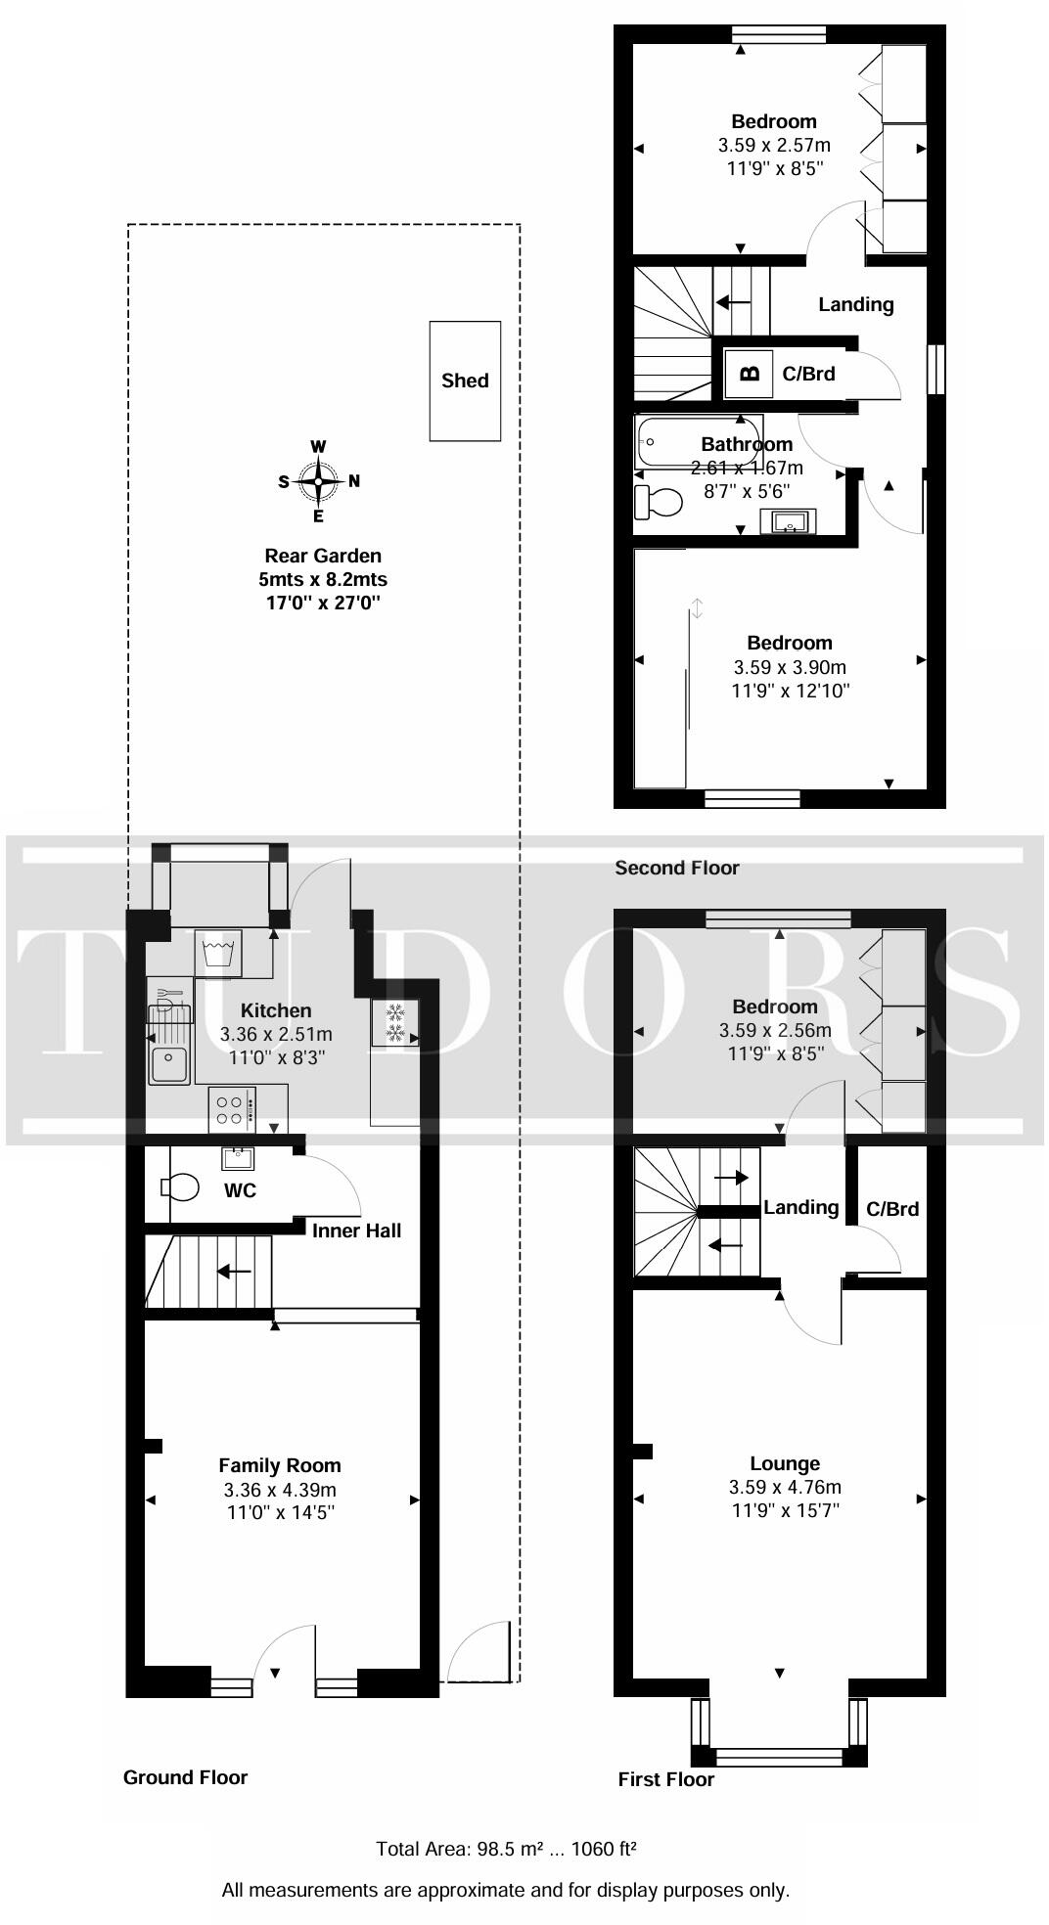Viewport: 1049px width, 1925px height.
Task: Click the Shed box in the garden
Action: pos(465,381)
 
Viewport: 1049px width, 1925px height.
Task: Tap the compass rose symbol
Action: pos(319,480)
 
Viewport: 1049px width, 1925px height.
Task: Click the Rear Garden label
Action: pos(323,557)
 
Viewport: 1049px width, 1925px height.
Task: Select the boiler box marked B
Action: pos(751,373)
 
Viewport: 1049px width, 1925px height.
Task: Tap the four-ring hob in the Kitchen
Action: pos(232,1110)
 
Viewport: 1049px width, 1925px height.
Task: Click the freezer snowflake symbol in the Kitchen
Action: pos(395,1023)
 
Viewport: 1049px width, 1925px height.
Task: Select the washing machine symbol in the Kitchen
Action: pos(221,953)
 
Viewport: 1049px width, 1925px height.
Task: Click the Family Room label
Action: pos(280,1465)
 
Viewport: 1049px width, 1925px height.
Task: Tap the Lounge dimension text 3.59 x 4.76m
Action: pos(785,1487)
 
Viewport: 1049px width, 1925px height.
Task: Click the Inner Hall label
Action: pos(356,1231)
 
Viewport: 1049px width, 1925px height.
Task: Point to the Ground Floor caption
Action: pos(185,1777)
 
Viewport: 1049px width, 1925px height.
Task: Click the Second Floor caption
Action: pos(677,868)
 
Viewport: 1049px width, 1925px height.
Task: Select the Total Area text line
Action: pos(507,1849)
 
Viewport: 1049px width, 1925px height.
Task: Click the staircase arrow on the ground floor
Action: pos(234,1272)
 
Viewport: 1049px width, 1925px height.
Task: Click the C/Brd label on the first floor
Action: pos(892,1209)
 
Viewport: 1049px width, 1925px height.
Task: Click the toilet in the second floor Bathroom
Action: pos(657,503)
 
